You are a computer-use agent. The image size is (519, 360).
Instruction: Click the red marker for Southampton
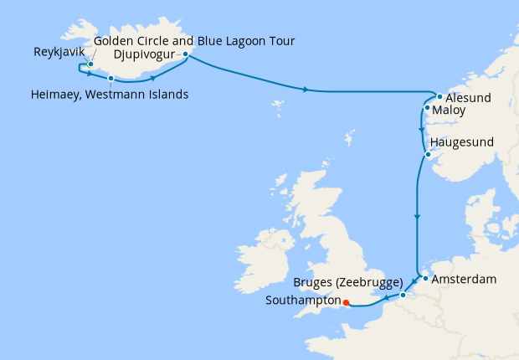(x=345, y=305)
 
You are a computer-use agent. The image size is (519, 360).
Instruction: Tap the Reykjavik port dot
(x=90, y=64)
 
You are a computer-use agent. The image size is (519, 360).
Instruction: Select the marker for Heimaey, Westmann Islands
(x=110, y=78)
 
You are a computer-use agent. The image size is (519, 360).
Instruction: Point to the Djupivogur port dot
(x=185, y=54)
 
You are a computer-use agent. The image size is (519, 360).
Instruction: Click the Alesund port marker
(x=439, y=96)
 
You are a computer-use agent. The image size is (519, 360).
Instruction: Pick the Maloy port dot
(x=427, y=108)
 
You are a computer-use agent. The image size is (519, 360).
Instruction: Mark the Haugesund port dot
(x=428, y=154)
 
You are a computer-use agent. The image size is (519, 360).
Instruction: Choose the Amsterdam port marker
(x=425, y=278)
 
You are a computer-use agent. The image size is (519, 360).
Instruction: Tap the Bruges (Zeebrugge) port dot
(x=403, y=295)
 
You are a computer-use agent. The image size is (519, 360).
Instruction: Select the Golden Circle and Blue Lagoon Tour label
(x=194, y=40)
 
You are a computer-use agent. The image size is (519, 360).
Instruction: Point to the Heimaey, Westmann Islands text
(x=105, y=94)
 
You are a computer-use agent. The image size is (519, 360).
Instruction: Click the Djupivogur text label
(x=147, y=55)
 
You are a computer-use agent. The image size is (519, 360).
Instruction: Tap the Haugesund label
(x=465, y=143)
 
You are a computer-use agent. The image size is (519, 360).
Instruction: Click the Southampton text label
(x=302, y=300)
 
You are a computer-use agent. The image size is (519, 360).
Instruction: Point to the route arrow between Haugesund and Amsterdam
(x=416, y=218)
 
